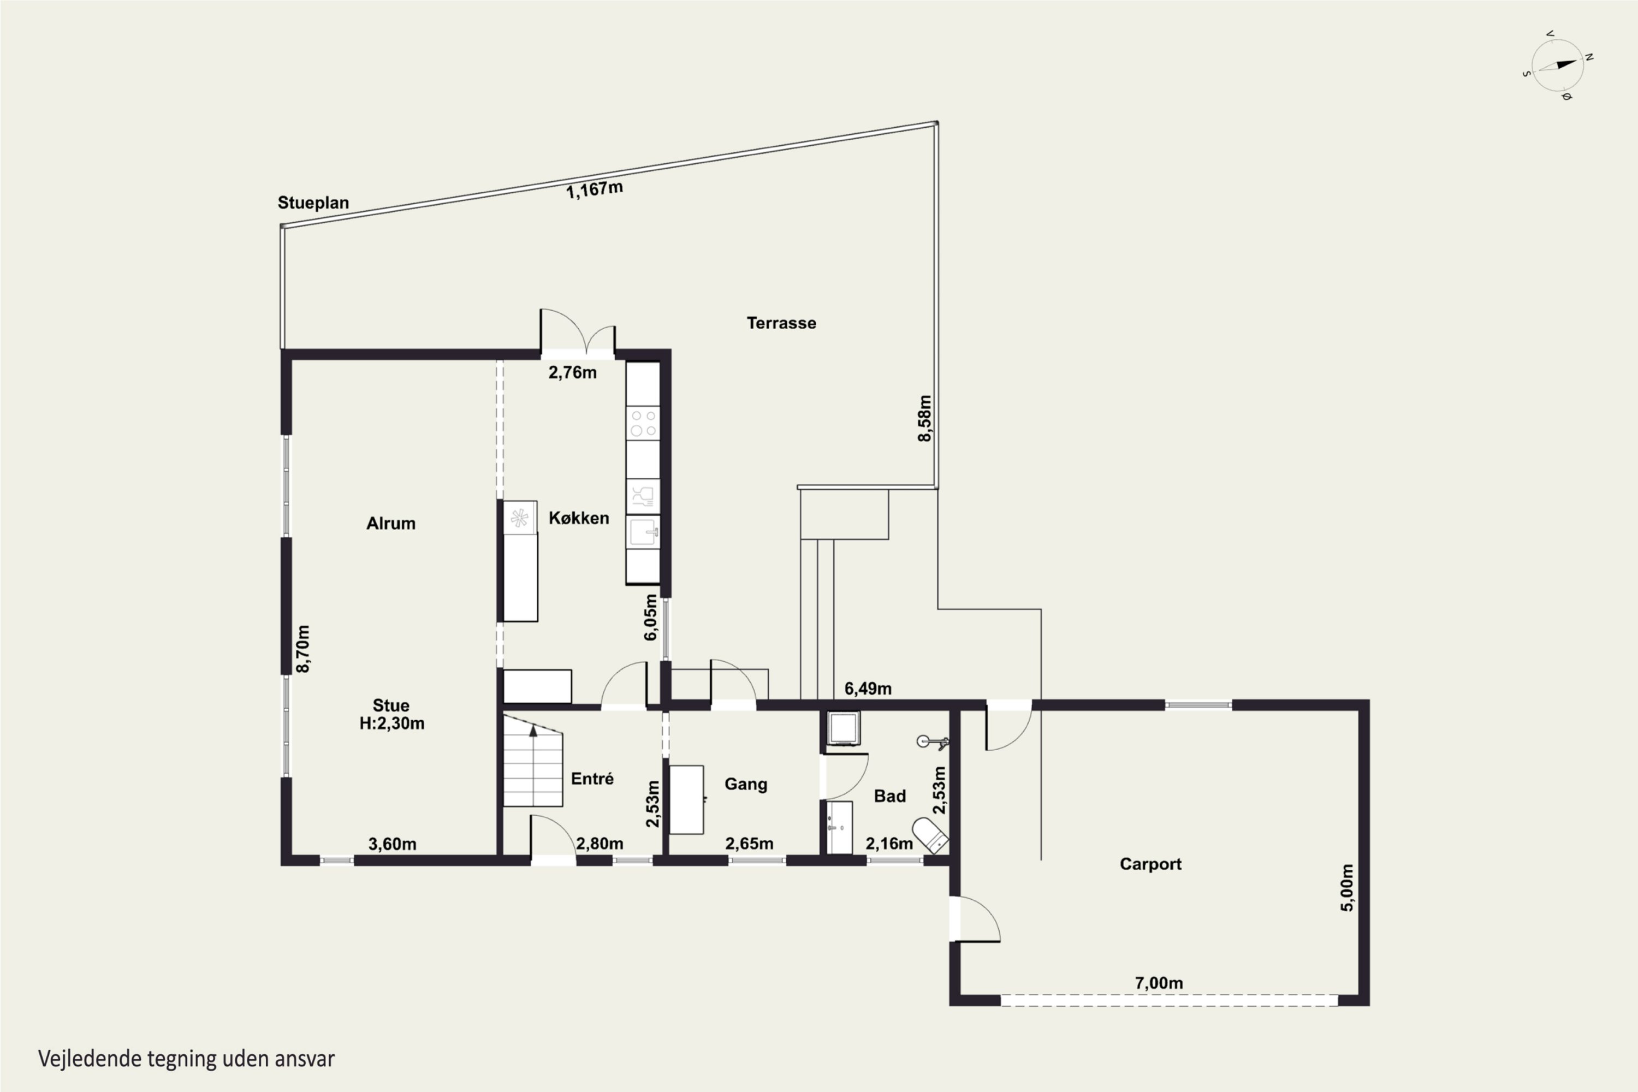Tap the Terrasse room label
781,323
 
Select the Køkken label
579,518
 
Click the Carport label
1150,864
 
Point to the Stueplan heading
313,203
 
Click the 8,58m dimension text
924,419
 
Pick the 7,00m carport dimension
1159,983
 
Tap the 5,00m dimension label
1347,888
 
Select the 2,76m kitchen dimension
572,372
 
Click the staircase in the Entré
533,761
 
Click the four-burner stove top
642,424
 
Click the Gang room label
746,784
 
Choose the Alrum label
391,524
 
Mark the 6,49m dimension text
868,689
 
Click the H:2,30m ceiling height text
391,723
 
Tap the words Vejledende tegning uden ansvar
186,1059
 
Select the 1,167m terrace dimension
594,189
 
